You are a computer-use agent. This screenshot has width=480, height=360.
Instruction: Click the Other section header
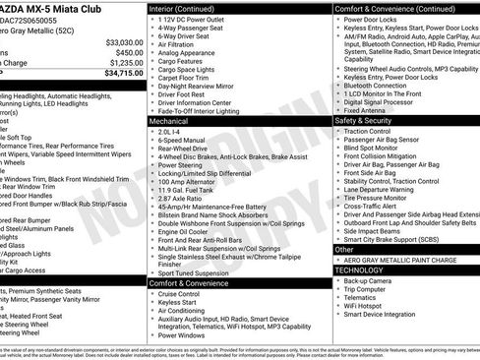345,250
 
